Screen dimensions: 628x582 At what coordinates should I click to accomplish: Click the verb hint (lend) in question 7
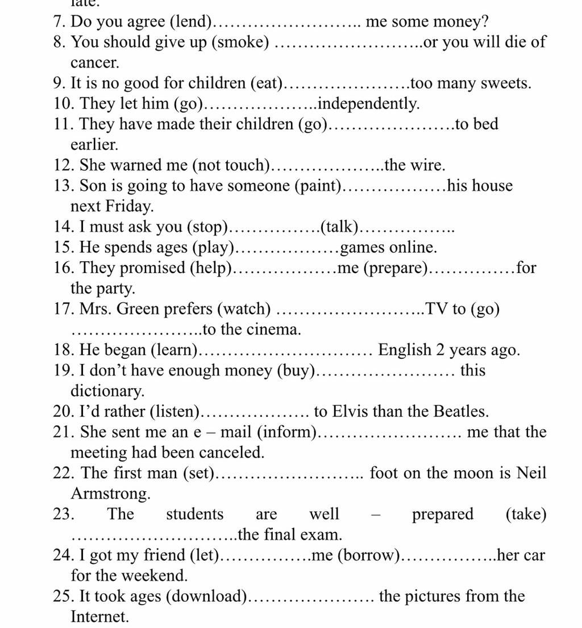(192, 22)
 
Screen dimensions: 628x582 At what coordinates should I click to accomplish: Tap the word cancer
(93, 62)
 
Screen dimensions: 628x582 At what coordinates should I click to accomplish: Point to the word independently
(369, 104)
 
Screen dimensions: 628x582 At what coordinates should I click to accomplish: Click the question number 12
(61, 165)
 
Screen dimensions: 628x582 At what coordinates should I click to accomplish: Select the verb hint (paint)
(319, 186)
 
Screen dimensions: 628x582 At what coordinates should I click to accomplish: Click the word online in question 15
(412, 248)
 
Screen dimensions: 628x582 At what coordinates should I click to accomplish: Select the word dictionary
(107, 391)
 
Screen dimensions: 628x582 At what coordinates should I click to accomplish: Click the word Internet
(99, 617)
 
